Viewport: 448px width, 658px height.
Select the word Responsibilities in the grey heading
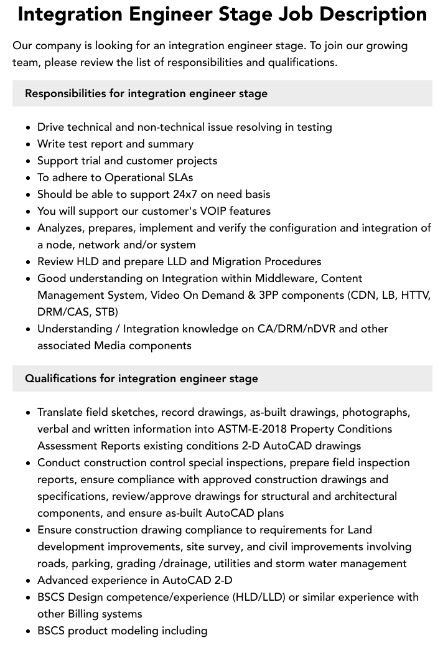[65, 93]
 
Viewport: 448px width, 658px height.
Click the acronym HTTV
[416, 295]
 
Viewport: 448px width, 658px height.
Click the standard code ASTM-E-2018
[252, 429]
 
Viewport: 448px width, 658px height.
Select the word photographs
[376, 412]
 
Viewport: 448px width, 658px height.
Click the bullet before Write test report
[29, 144]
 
